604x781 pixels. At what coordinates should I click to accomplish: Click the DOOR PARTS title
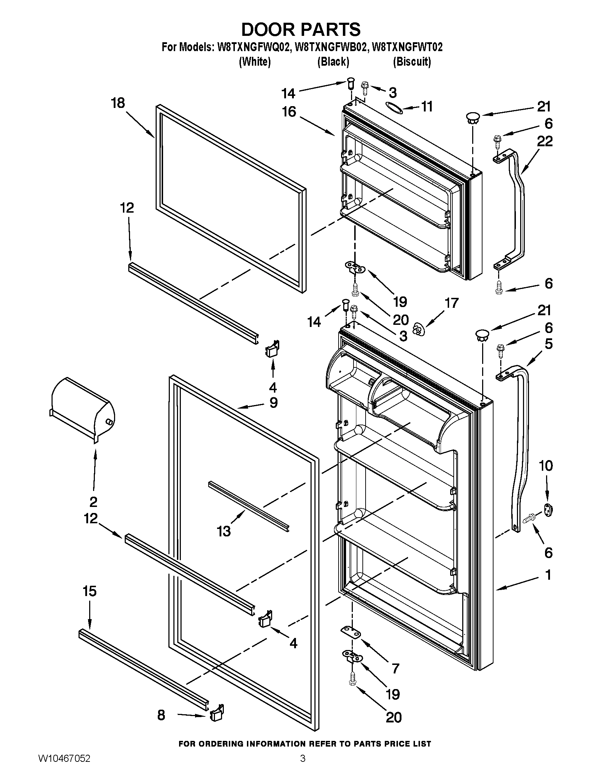click(301, 29)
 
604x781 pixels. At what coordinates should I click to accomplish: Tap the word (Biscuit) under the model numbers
click(412, 62)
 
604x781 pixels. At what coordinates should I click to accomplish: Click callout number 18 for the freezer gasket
click(118, 103)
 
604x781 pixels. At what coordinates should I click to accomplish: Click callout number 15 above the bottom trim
click(90, 591)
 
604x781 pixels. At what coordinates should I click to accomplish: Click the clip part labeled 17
click(417, 329)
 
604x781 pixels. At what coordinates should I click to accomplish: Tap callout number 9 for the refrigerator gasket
click(273, 403)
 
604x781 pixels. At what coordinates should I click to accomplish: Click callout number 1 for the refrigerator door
click(548, 575)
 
